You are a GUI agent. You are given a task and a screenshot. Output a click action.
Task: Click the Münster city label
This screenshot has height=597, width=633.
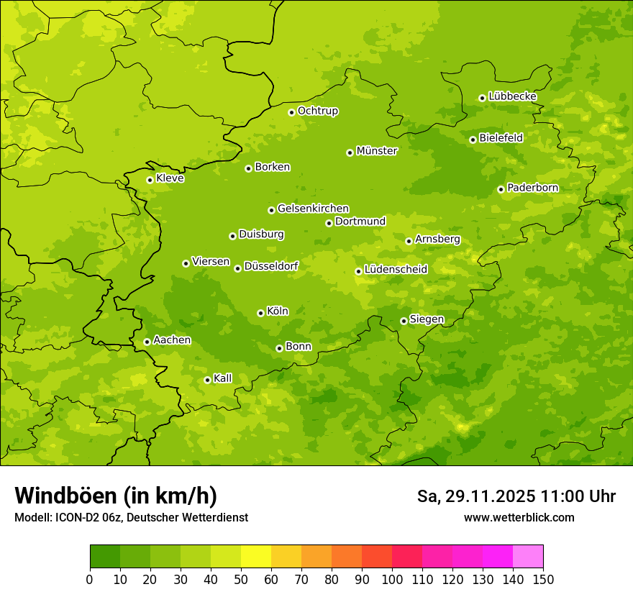click(376, 151)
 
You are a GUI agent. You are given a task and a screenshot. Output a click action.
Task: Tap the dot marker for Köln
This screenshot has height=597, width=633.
click(260, 313)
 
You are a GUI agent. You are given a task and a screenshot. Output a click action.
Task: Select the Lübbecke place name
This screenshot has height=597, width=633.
click(512, 96)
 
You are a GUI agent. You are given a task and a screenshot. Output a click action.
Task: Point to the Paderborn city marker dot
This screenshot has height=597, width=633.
click(501, 189)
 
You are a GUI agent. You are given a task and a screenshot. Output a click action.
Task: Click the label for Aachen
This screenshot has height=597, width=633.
click(172, 340)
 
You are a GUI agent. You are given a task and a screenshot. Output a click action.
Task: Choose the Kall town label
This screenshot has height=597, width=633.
click(222, 378)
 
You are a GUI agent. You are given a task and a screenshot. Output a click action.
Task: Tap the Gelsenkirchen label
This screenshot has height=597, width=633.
click(313, 209)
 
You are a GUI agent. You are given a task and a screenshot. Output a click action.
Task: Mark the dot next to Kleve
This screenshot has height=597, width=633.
click(150, 180)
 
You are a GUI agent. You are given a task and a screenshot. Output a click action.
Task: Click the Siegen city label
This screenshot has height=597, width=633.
click(427, 319)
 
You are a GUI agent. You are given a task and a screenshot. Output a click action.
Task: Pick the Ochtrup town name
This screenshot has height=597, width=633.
click(317, 111)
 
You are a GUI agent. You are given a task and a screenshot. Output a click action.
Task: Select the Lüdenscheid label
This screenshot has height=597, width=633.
click(396, 270)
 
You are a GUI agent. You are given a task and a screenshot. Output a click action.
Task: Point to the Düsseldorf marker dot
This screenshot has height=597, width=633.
click(237, 268)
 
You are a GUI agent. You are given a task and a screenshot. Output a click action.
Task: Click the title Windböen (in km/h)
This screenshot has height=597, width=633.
click(116, 496)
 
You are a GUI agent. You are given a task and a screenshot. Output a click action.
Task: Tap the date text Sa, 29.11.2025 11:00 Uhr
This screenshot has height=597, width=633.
click(516, 496)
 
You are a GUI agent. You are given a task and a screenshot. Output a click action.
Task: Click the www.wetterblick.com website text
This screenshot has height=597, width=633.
click(519, 517)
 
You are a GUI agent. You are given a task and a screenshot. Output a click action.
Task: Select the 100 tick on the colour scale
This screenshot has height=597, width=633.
click(392, 579)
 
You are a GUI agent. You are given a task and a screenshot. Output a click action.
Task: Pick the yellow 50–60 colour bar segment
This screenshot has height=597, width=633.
click(256, 557)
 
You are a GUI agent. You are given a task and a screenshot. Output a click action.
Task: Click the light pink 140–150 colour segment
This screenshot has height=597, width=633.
click(528, 557)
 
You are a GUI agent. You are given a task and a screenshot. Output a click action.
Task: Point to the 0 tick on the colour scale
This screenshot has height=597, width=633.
click(90, 579)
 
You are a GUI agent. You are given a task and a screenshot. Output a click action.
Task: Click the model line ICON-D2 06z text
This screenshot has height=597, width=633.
click(131, 518)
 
